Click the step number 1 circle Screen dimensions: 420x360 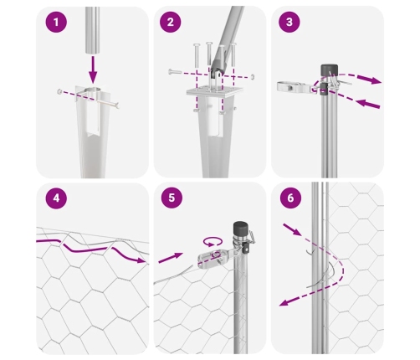(x=56, y=22)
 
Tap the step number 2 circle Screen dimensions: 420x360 (x=171, y=22)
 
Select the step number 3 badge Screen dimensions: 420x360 (x=289, y=22)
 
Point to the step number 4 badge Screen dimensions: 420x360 (x=56, y=198)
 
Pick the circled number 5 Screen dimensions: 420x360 (x=172, y=198)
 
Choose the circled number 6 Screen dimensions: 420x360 (x=290, y=198)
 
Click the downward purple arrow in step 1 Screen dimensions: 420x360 (x=93, y=69)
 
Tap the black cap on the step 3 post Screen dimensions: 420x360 (x=329, y=69)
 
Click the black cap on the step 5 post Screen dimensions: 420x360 (x=240, y=229)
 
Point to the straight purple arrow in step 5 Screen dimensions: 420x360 (x=171, y=258)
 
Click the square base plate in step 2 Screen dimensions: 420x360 (x=214, y=91)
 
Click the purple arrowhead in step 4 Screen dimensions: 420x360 (x=141, y=260)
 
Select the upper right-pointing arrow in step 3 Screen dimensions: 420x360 (x=369, y=80)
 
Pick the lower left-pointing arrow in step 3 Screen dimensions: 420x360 (x=368, y=104)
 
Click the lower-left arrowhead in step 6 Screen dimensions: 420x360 (x=284, y=302)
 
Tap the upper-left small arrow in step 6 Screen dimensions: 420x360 (x=292, y=229)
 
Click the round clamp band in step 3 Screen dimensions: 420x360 (x=290, y=87)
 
